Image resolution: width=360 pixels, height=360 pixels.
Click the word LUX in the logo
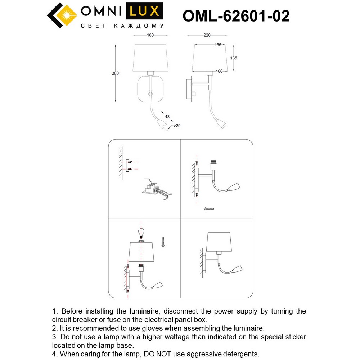[x=144, y=12]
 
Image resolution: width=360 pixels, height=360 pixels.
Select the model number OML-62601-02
[x=236, y=16]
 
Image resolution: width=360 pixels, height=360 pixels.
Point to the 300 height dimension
[x=115, y=73]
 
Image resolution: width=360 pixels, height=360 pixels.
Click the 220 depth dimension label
[x=207, y=35]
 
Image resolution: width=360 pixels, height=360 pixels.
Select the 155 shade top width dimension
[x=218, y=45]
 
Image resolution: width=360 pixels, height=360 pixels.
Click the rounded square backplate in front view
[x=150, y=90]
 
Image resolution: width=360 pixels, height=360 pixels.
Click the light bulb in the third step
[x=142, y=232]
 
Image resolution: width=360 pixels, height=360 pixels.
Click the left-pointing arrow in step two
[x=209, y=208]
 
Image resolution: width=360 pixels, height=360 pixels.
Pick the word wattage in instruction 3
[x=197, y=337]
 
